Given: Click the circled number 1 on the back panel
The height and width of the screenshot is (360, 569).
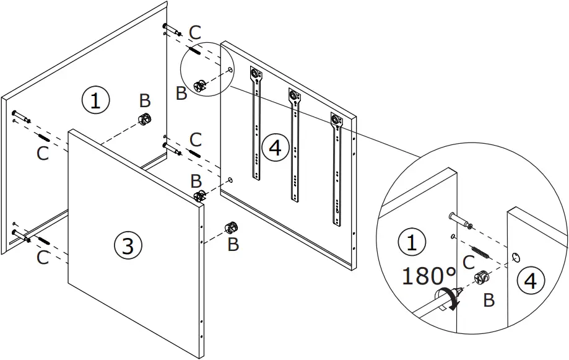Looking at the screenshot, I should (x=95, y=100).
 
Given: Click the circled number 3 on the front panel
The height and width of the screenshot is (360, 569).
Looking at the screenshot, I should (x=127, y=245).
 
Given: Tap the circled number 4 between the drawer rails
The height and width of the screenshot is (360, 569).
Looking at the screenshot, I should (x=274, y=147).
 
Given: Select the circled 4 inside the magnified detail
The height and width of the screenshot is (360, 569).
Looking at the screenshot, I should (x=530, y=282).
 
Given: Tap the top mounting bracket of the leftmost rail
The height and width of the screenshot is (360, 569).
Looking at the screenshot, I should (x=254, y=75).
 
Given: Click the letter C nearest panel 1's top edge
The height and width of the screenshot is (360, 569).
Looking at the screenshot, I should (x=194, y=33).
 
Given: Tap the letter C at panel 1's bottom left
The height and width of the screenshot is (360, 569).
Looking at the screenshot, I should (x=42, y=257).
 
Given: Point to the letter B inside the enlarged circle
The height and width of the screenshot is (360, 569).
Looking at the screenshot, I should (x=489, y=301).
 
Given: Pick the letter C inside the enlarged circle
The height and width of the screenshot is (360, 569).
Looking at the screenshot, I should (x=469, y=262).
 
